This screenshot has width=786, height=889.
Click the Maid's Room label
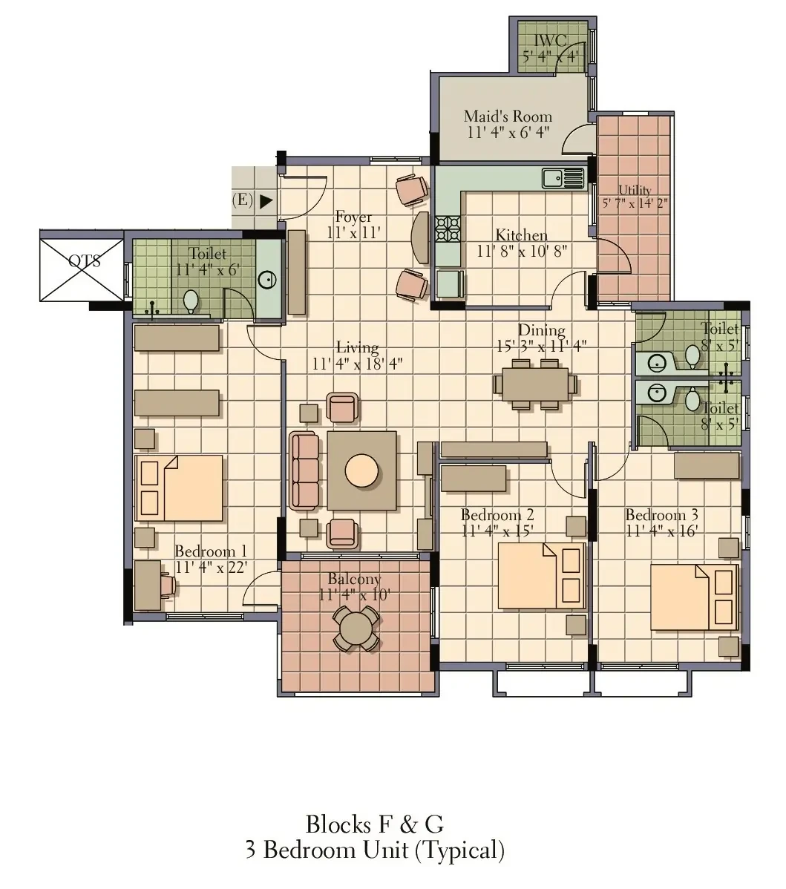(x=508, y=117)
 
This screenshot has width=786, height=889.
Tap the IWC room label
(x=550, y=40)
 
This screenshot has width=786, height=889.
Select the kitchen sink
(x=563, y=178)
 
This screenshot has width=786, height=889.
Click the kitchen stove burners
(x=448, y=229)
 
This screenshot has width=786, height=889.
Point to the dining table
(x=535, y=384)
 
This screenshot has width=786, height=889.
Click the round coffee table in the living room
(x=361, y=470)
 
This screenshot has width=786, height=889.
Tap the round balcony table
(x=355, y=629)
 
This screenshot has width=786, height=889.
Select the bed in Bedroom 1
(x=179, y=488)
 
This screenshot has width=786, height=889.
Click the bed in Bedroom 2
(x=541, y=575)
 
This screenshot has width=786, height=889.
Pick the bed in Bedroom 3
(x=694, y=597)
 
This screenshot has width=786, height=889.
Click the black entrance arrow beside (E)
(x=266, y=200)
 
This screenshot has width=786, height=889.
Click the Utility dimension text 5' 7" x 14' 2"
(x=635, y=203)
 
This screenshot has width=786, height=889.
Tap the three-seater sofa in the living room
(x=304, y=471)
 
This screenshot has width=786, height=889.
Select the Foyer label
(x=353, y=217)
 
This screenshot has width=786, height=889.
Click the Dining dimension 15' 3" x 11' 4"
(x=541, y=346)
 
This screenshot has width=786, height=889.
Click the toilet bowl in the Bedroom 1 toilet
(x=191, y=301)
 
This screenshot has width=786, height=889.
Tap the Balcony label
(x=354, y=579)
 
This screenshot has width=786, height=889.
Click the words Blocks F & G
(x=375, y=824)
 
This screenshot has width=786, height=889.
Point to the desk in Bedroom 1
(x=148, y=585)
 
